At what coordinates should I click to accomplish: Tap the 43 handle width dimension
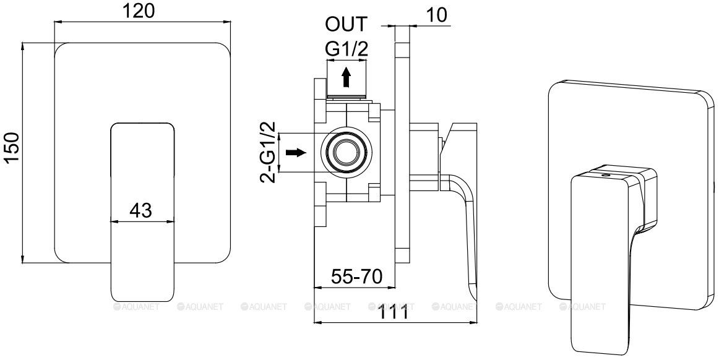tap(142, 210)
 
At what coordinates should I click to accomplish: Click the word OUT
tap(347, 25)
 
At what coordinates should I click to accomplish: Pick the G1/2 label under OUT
tap(347, 50)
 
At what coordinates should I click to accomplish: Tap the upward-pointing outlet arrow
tap(347, 77)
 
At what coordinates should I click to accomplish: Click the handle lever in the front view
tap(142, 247)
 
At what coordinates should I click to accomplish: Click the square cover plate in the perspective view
tap(681, 124)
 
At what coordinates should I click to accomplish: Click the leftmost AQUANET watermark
tap(138, 306)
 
